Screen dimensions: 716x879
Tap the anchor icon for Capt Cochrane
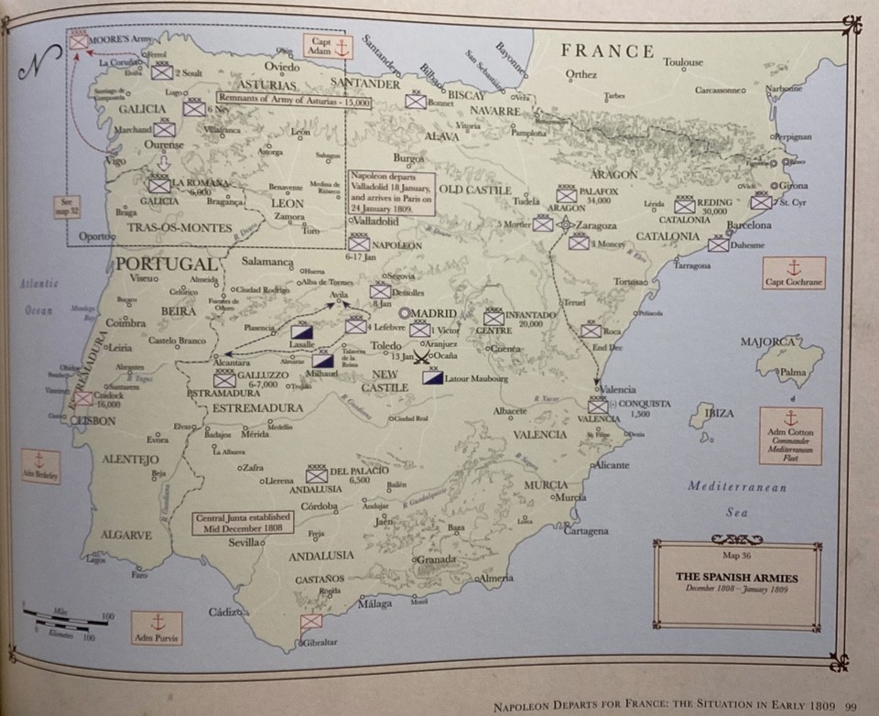tap(794, 267)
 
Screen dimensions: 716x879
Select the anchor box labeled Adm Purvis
tap(156, 627)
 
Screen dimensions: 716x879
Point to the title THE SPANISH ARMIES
tap(736, 578)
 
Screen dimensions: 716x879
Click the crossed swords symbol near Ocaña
tap(422, 357)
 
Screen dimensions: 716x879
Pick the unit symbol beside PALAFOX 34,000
tap(567, 194)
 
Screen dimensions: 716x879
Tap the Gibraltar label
tap(320, 642)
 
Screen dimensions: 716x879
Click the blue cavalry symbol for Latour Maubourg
tap(430, 377)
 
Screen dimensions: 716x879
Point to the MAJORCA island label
tap(768, 342)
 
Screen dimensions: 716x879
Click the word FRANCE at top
tap(607, 51)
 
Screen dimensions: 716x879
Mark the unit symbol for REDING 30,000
tap(685, 204)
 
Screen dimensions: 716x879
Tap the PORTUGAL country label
tap(167, 265)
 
